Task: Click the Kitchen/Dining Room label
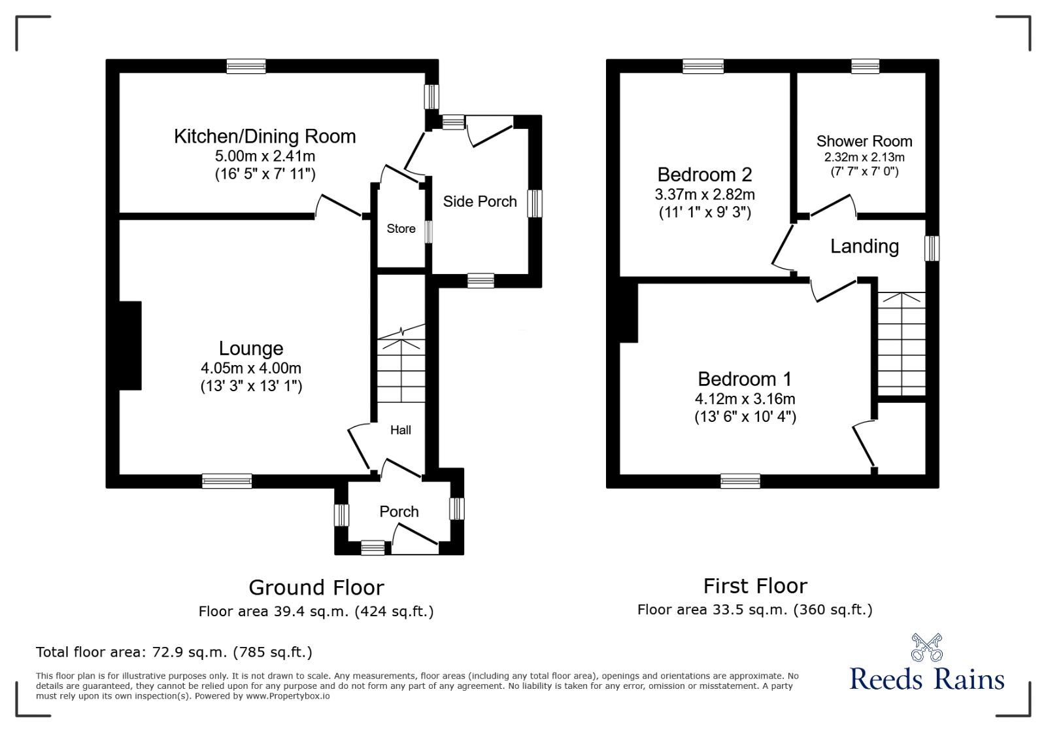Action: point(265,136)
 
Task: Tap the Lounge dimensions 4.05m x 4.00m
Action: point(251,368)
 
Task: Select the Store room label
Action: point(401,229)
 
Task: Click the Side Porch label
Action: point(480,201)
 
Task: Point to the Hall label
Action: point(401,430)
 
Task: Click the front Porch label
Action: point(399,512)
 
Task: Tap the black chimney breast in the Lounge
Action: point(130,345)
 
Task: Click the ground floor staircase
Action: point(401,370)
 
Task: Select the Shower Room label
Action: point(864,141)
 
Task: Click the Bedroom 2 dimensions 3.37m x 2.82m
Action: point(705,194)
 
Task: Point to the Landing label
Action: point(864,247)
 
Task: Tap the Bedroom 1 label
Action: point(745,379)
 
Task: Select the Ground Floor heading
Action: point(316,587)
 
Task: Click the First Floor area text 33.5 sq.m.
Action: point(754,610)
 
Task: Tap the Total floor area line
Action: point(174,652)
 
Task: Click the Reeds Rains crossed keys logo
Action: point(926,647)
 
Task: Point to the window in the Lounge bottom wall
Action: point(227,481)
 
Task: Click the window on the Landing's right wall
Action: point(932,249)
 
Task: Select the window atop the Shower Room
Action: point(865,66)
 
